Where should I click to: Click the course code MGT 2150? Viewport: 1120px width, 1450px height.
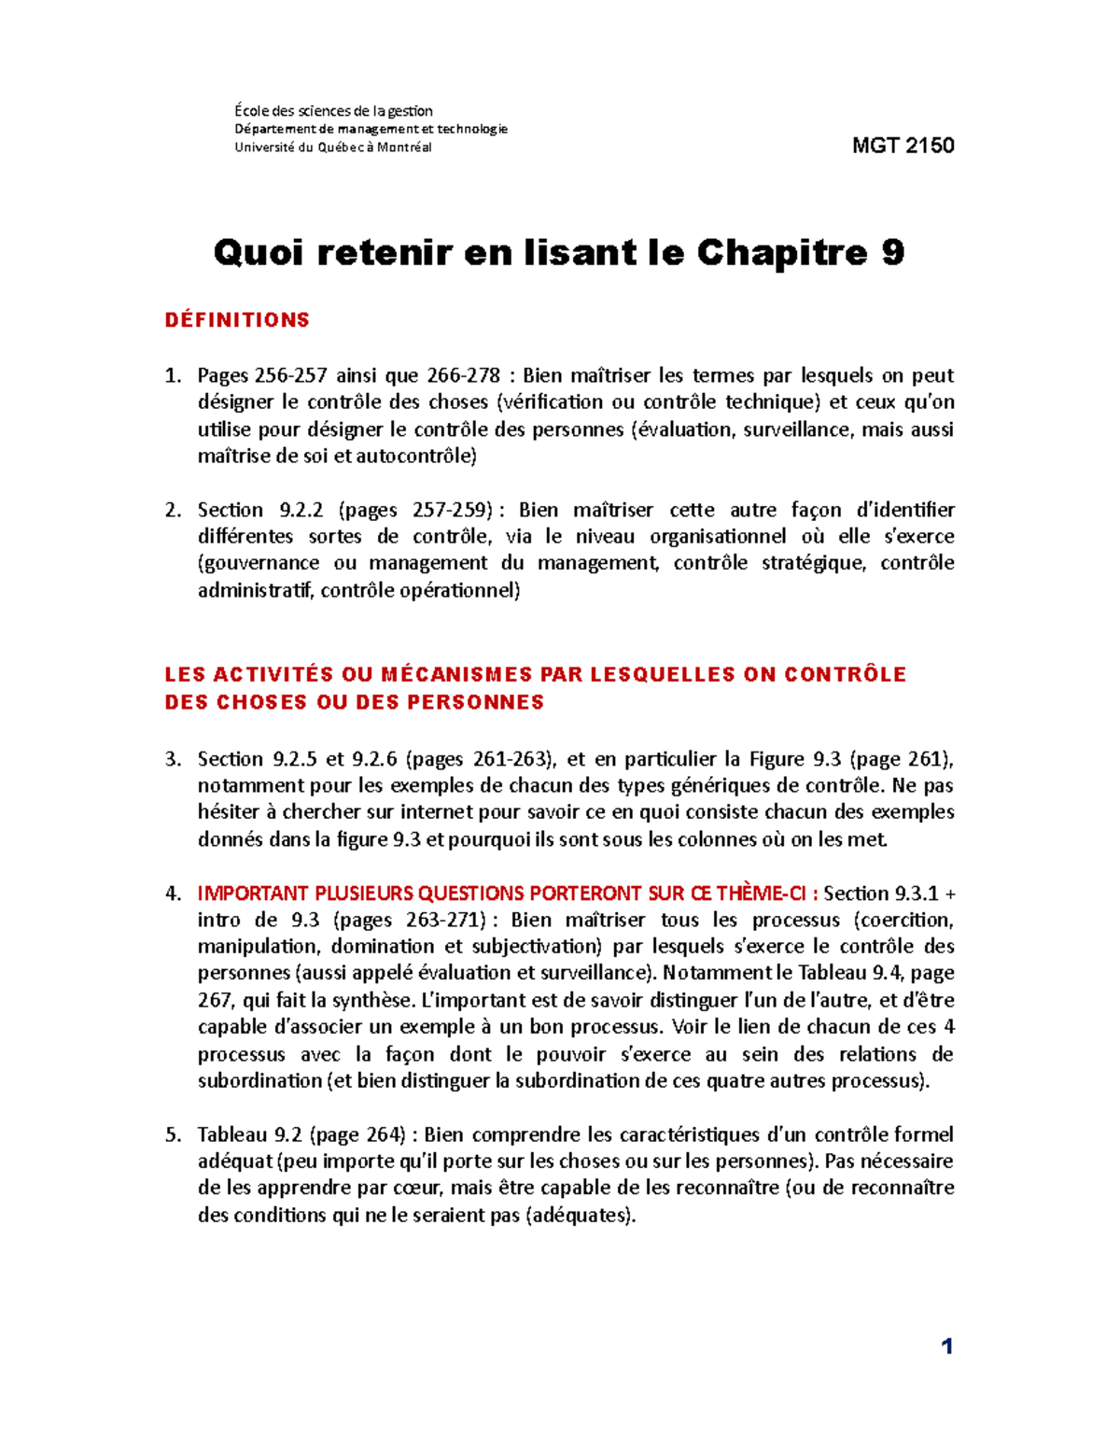(903, 146)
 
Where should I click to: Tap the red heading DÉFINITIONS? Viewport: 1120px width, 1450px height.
(237, 320)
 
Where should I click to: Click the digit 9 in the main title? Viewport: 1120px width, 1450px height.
(892, 252)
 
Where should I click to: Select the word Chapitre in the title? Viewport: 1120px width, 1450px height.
(782, 252)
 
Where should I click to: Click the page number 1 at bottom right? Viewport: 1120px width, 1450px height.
(947, 1345)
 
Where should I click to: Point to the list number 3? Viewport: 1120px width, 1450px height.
(172, 759)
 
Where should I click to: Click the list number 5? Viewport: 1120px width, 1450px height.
(172, 1135)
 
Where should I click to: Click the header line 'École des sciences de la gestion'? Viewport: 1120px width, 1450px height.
(333, 111)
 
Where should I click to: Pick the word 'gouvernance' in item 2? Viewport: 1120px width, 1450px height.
(259, 563)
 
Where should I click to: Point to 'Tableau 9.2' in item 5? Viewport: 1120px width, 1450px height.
(248, 1135)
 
